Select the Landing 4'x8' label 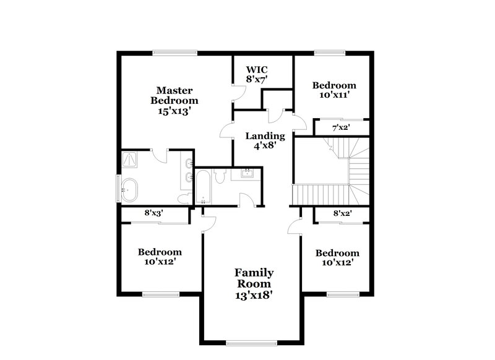265,141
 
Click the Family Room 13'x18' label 254,284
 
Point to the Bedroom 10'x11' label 334,90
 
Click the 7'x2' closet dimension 342,128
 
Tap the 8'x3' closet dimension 153,213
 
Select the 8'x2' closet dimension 342,213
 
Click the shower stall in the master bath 131,160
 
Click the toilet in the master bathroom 184,197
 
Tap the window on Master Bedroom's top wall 175,52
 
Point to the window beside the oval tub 119,188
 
